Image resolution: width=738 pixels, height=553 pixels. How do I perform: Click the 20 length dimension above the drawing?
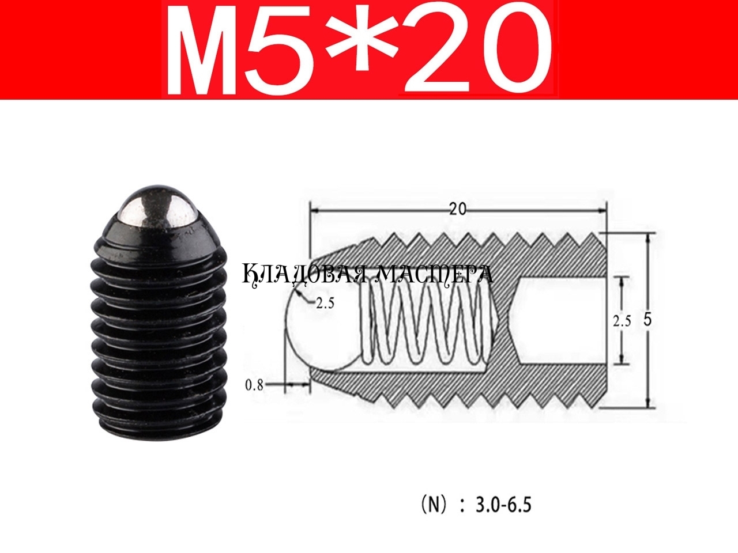pyautogui.click(x=458, y=210)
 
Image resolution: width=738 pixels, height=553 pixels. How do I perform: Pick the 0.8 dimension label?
pyautogui.click(x=254, y=385)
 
